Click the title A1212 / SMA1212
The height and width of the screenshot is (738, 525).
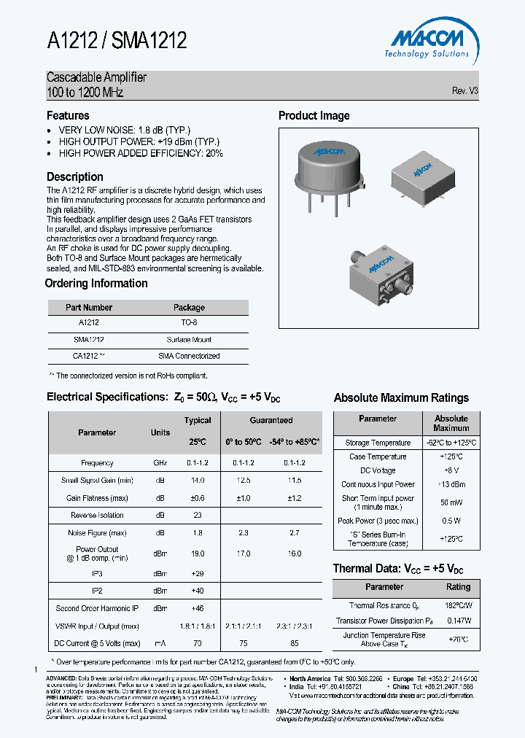[117, 41]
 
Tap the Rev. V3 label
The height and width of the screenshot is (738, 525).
[464, 91]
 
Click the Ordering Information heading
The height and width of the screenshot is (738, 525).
[96, 284]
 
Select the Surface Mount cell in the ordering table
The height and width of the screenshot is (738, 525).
[189, 340]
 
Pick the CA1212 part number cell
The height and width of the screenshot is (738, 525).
[89, 356]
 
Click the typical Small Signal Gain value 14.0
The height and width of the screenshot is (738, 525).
[198, 481]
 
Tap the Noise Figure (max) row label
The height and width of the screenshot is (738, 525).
[98, 533]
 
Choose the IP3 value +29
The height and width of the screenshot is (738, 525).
[198, 574]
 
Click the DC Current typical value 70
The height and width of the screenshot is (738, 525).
[198, 643]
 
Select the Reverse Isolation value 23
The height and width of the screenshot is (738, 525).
[198, 515]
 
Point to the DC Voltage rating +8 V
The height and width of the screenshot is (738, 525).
[451, 470]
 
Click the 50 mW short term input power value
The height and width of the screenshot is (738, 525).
[451, 503]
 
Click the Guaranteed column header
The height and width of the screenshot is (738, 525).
[271, 420]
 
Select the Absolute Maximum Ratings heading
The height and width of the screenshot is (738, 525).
[401, 398]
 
